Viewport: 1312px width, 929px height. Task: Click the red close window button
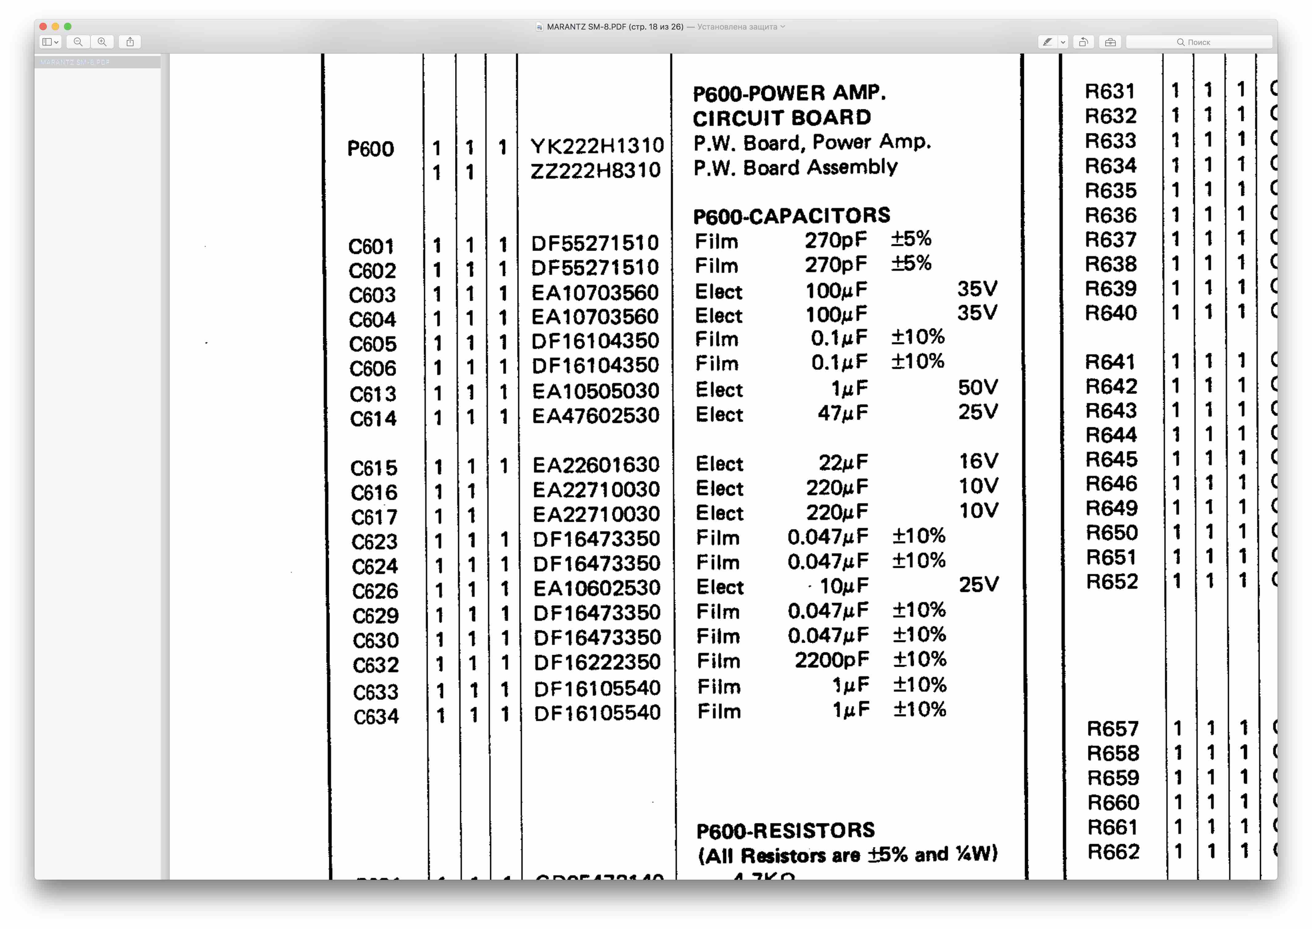click(x=43, y=26)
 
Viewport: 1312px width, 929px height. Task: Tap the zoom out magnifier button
click(x=78, y=42)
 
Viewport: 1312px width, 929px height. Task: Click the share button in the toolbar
click(x=130, y=42)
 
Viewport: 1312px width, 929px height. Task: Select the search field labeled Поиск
click(x=1199, y=42)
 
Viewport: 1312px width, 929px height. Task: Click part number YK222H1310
click(x=597, y=146)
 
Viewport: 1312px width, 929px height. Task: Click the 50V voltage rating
click(x=978, y=387)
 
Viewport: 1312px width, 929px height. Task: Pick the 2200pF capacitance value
click(x=832, y=660)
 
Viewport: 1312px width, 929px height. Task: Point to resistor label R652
click(x=1112, y=582)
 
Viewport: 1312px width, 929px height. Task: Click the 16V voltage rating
click(x=978, y=461)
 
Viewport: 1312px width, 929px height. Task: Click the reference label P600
click(x=370, y=149)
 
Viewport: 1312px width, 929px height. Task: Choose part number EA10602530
click(x=596, y=588)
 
